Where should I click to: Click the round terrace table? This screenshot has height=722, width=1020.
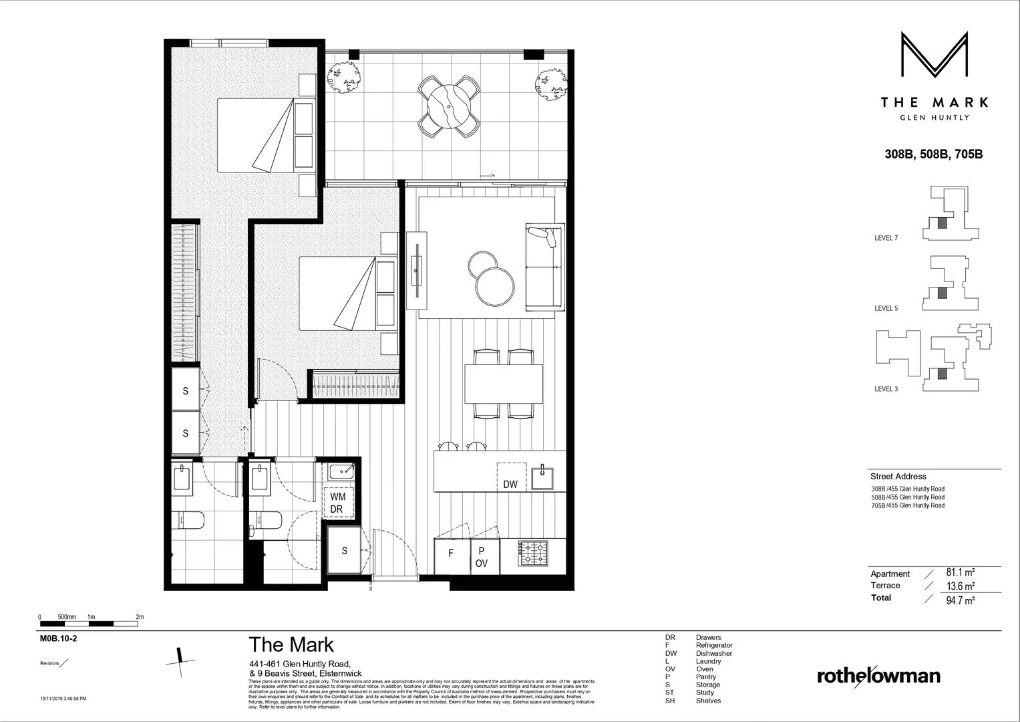point(448,106)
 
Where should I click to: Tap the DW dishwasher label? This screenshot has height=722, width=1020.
point(510,485)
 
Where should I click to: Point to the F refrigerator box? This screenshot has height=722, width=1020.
point(451,554)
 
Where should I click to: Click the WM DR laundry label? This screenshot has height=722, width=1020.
point(337,503)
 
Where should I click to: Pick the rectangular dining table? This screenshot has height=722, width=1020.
point(503,384)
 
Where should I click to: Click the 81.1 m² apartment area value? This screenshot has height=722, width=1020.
point(960,573)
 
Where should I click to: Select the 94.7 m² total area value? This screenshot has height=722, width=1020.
point(961,600)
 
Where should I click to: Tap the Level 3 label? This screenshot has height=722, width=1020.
point(886,389)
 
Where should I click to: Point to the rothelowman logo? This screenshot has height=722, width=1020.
point(878,676)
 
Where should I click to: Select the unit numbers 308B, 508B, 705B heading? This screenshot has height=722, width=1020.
point(933,154)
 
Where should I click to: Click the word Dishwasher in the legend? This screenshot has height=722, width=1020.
point(713,653)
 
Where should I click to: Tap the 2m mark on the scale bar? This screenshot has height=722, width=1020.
point(140,617)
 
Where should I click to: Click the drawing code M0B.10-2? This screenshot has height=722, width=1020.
point(59,638)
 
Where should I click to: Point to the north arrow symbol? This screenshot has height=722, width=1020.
point(180,658)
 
